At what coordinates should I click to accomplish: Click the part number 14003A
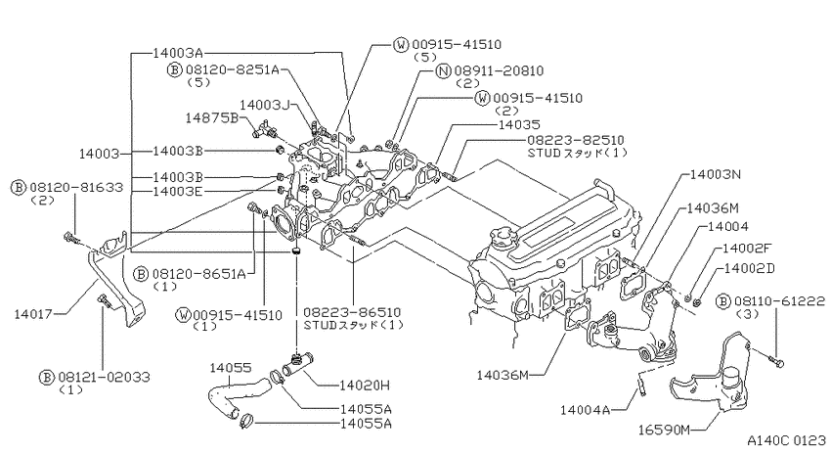[x=178, y=53]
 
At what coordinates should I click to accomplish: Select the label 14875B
[x=212, y=117]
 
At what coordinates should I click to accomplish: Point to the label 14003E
[x=178, y=191]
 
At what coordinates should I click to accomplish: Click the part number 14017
[x=33, y=313]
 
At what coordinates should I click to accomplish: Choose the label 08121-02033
[x=105, y=377]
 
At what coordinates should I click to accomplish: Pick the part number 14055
[x=231, y=368]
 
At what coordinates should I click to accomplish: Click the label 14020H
[x=365, y=386]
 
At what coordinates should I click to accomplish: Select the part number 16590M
[x=664, y=431]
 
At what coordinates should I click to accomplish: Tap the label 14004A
[x=586, y=410]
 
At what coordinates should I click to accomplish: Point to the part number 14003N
[x=716, y=174]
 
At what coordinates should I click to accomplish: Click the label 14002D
[x=750, y=268]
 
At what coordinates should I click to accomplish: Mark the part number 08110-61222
[x=779, y=301]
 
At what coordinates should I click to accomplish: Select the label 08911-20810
[x=499, y=70]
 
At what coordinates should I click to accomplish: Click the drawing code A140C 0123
[x=786, y=440]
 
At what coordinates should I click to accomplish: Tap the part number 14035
[x=519, y=124]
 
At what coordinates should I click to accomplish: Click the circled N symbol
[x=443, y=70]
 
